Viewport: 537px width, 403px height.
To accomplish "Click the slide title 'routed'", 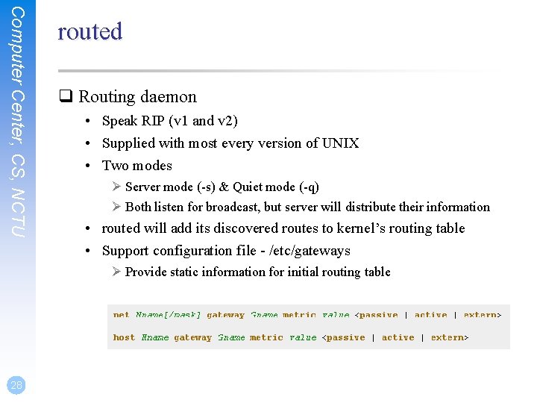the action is pyautogui.click(x=89, y=31).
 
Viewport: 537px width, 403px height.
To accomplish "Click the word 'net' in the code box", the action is pyautogui.click(x=121, y=314).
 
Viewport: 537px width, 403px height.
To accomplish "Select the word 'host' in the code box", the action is pyautogui.click(x=124, y=337).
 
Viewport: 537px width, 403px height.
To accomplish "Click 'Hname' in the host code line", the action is pyautogui.click(x=154, y=337).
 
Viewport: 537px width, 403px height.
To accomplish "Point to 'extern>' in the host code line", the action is pyautogui.click(x=450, y=337).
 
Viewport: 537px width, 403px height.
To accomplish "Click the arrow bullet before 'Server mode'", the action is pyautogui.click(x=116, y=187).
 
